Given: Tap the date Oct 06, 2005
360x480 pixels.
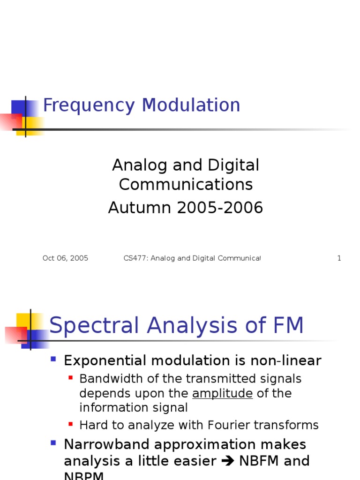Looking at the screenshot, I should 65,258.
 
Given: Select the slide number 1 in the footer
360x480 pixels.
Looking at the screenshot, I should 339,258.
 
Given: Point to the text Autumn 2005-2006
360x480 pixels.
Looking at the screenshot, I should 186,208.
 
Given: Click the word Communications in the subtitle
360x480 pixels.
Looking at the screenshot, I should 186,185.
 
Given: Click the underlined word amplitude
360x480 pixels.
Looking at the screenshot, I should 222,394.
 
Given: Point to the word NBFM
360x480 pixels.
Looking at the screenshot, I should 260,461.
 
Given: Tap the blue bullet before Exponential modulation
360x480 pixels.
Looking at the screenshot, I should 53,360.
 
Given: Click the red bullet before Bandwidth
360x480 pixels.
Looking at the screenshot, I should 70,377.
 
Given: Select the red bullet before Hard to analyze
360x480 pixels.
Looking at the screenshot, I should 70,424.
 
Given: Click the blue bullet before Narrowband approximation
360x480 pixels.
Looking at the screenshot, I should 53,442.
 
